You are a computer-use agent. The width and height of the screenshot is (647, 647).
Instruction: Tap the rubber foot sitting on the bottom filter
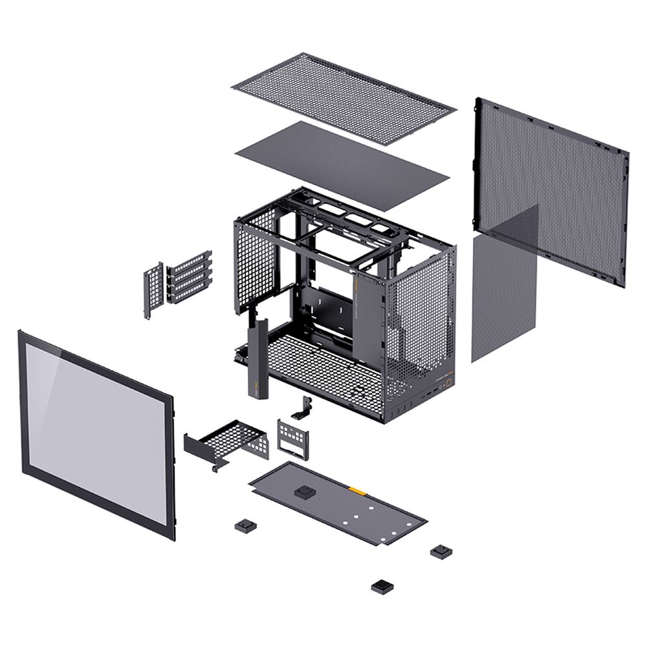click(303, 492)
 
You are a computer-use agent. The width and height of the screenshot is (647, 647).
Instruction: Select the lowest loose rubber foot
click(382, 586)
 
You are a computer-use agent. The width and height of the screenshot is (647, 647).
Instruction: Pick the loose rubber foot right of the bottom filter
click(441, 551)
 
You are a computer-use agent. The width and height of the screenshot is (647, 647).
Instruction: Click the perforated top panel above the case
click(343, 97)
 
